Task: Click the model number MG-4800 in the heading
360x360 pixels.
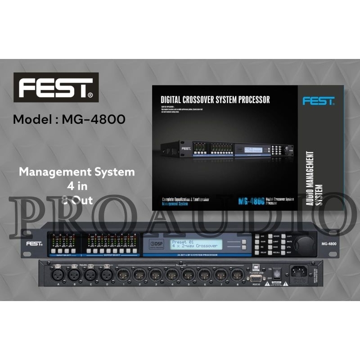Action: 94,120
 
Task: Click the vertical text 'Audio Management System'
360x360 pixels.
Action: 315,179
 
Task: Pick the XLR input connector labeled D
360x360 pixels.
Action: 106,273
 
